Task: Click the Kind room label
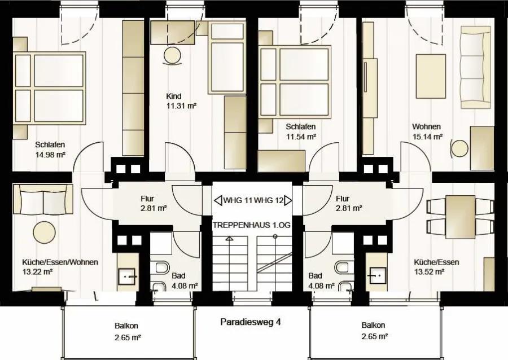click(x=174, y=96)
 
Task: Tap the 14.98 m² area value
click(x=51, y=155)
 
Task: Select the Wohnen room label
click(x=426, y=126)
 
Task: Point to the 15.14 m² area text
click(x=427, y=137)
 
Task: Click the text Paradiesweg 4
click(x=251, y=322)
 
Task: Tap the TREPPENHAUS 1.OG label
click(x=251, y=225)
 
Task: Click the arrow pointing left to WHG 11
click(x=218, y=200)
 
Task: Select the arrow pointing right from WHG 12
click(x=288, y=200)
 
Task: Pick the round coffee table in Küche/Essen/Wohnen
click(x=45, y=231)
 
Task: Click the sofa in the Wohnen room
click(x=475, y=67)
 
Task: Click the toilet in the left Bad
click(x=163, y=267)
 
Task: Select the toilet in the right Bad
click(x=342, y=267)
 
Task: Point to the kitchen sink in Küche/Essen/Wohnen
click(x=126, y=276)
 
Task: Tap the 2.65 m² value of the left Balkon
click(x=128, y=337)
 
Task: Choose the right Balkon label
click(x=373, y=325)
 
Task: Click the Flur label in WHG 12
click(x=343, y=198)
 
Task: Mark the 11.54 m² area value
click(x=301, y=137)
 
